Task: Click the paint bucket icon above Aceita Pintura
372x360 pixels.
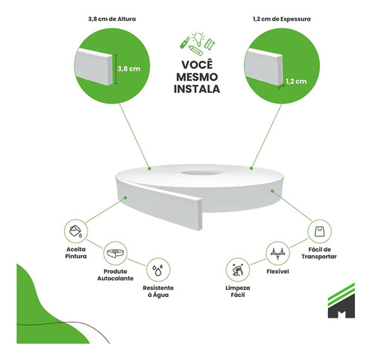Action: coord(76,231)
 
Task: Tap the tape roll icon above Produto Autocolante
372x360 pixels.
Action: coord(115,253)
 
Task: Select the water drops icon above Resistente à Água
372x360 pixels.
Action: coord(158,270)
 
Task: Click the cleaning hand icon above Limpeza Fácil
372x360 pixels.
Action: coord(237,270)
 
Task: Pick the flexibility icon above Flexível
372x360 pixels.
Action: coord(278,253)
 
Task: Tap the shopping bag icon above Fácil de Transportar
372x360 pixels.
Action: coord(320,231)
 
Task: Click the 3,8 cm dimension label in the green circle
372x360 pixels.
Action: coord(129,68)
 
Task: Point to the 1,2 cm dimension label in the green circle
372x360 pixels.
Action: coord(296,81)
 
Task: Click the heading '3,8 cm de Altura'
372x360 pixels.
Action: coord(112,19)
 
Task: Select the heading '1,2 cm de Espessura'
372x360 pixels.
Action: coord(282,19)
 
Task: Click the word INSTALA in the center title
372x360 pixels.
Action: coord(197,89)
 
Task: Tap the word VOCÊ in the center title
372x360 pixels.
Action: coord(197,64)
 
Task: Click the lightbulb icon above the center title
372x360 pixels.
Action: coord(198,39)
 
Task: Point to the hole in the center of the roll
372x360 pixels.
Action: coord(201,173)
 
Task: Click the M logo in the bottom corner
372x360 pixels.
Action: coord(341,300)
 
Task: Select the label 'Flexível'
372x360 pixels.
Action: coord(278,271)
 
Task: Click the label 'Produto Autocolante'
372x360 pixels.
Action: coord(115,275)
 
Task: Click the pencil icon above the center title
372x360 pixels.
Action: coord(196,50)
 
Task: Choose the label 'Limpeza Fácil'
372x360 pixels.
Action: coord(238,292)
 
